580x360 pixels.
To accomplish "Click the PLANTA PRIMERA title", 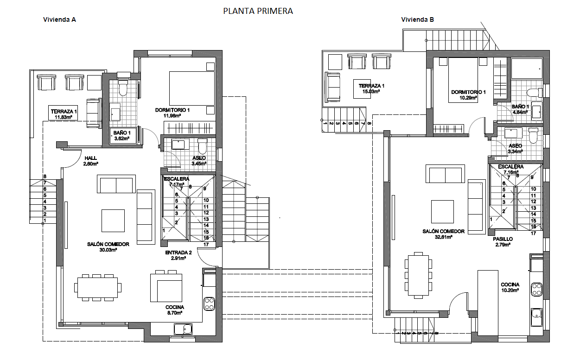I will [258, 11].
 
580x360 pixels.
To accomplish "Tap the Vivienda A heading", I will [59, 20].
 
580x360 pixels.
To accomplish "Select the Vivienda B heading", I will [418, 19].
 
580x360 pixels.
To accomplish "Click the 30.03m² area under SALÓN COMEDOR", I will [108, 250].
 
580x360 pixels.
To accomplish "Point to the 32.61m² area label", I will [444, 237].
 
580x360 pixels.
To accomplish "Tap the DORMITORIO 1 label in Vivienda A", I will [172, 110].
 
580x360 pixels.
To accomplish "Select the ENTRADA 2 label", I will [178, 253].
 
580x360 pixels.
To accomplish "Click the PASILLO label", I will [503, 239].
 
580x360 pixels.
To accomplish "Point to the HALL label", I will [90, 158].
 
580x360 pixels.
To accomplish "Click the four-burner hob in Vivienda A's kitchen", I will [209, 303].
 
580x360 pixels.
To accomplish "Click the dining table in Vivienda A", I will [98, 287].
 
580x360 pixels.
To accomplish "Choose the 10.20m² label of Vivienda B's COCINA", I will [510, 291].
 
